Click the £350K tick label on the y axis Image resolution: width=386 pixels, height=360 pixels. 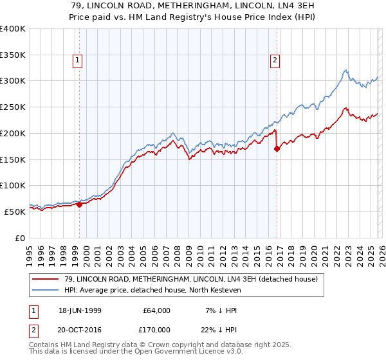pyautogui.click(x=13, y=55)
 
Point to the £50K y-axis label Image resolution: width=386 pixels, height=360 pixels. pyautogui.click(x=15, y=212)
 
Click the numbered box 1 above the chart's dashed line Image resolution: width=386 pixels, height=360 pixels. pyautogui.click(x=78, y=61)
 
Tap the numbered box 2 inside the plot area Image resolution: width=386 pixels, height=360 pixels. pyautogui.click(x=275, y=61)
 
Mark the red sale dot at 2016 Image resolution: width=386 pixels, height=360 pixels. pyautogui.click(x=277, y=148)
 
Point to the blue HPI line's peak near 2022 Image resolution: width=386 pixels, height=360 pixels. pyautogui.click(x=345, y=70)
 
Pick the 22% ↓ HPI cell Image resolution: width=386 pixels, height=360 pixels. pyautogui.click(x=219, y=329)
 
